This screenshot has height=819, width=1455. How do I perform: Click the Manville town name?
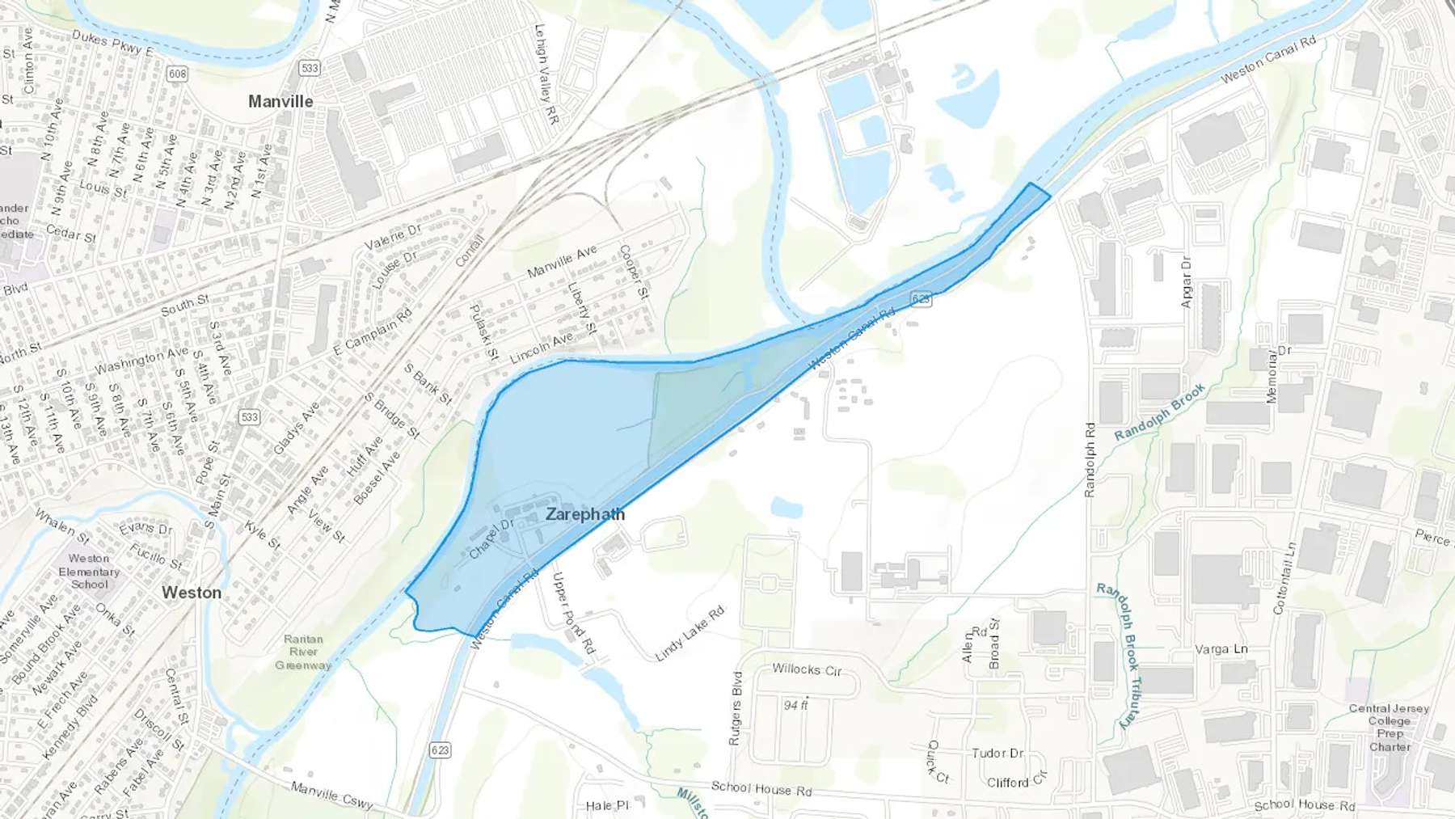[x=280, y=102]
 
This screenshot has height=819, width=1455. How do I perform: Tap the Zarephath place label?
[x=584, y=514]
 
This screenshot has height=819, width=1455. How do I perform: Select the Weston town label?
[x=192, y=593]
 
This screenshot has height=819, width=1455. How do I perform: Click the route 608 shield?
[x=177, y=74]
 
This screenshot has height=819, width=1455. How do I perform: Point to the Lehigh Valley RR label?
[x=547, y=74]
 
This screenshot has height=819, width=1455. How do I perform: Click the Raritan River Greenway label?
[x=303, y=652]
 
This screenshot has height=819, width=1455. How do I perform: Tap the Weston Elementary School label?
[x=89, y=571]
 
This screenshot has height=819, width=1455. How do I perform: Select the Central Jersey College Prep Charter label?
[x=1390, y=727]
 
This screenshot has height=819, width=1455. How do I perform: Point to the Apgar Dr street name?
[x=1187, y=282]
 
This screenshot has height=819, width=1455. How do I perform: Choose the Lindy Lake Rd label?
[x=690, y=634]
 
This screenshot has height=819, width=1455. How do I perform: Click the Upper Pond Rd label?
[x=573, y=613]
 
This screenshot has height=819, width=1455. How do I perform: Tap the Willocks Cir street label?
[x=807, y=669]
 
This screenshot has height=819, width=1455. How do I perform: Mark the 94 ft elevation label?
[x=795, y=705]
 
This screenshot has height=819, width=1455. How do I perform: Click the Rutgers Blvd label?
[x=735, y=708]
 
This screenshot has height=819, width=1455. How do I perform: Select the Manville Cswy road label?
[x=332, y=796]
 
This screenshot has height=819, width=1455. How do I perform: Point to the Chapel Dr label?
[x=491, y=539]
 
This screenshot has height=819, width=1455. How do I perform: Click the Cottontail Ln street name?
[x=1284, y=578]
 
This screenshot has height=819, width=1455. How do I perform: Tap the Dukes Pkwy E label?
[x=112, y=42]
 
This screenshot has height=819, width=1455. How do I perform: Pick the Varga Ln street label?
[x=1221, y=649]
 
